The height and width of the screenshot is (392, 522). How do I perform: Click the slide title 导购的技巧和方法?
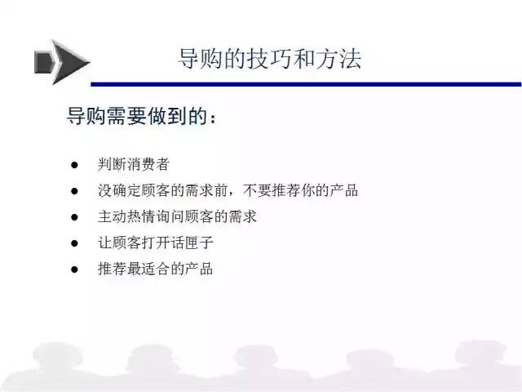tap(270, 59)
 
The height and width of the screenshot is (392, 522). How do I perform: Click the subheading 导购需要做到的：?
tap(141, 116)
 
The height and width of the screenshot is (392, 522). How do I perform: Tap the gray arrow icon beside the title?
tap(62, 62)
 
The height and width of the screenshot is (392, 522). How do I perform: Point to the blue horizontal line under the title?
tap(307, 84)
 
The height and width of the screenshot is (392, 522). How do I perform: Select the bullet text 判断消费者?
tap(134, 164)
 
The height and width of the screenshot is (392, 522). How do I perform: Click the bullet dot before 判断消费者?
tap(74, 165)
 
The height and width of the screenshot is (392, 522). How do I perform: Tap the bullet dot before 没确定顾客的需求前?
tap(74, 191)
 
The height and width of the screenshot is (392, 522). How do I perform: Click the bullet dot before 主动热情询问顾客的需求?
tap(74, 217)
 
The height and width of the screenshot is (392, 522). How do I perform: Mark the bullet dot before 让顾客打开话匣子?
tap(74, 243)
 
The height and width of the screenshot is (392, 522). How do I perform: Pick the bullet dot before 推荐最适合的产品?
tap(74, 269)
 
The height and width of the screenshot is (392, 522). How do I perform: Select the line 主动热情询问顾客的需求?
tap(177, 216)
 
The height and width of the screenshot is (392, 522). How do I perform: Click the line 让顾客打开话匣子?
tap(156, 243)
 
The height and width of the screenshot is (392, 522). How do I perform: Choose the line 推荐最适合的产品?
tap(156, 269)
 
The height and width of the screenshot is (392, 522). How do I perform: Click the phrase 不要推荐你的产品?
tap(301, 190)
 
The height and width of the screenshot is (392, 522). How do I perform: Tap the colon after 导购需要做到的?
tap(213, 118)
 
